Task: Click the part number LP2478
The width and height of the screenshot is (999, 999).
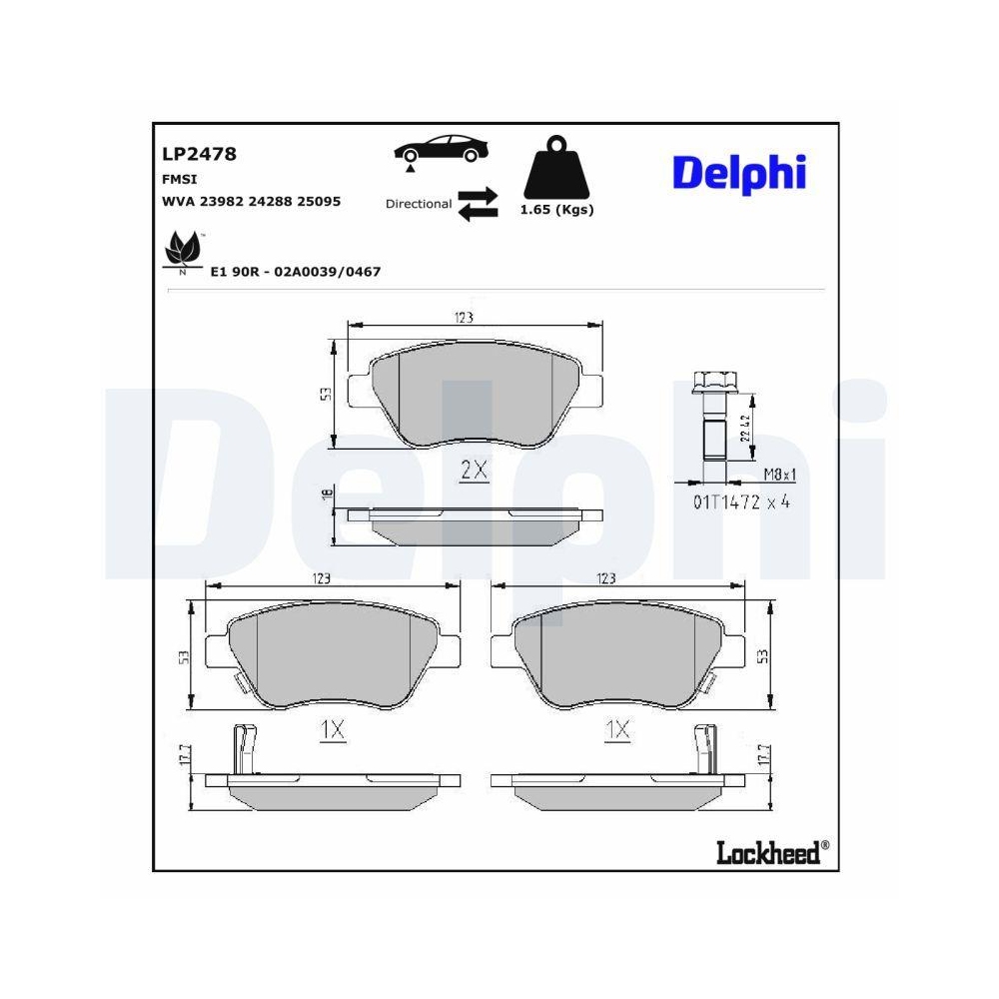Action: (x=199, y=154)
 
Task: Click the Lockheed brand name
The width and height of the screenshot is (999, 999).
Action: (x=767, y=852)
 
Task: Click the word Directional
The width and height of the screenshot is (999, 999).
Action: (x=419, y=204)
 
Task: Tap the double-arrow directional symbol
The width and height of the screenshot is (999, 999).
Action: (x=478, y=203)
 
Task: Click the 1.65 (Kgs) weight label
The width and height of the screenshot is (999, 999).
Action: (x=556, y=210)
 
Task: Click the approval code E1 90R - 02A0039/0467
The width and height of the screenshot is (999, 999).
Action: (x=296, y=271)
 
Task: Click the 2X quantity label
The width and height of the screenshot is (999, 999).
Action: (x=474, y=471)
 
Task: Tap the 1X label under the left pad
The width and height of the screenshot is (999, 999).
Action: (x=333, y=731)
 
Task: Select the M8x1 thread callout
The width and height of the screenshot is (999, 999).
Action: (x=779, y=476)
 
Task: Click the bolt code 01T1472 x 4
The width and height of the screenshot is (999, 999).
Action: (x=741, y=502)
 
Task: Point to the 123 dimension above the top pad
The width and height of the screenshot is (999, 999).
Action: (x=463, y=317)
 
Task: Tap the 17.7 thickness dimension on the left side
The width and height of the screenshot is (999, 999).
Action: (x=183, y=755)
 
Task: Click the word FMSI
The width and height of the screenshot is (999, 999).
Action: (x=179, y=179)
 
